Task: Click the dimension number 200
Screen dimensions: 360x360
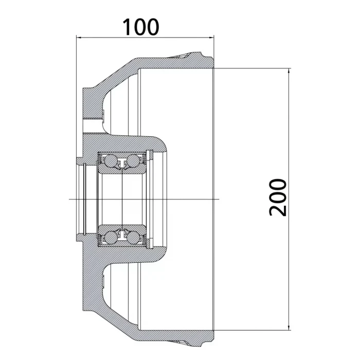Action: [x=277, y=197]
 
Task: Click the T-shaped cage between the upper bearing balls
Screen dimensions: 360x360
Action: [x=123, y=163]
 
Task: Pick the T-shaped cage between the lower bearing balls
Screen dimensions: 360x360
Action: [x=123, y=235]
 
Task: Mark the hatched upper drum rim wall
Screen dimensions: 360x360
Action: [x=175, y=62]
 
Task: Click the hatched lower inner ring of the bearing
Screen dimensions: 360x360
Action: [x=123, y=228]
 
